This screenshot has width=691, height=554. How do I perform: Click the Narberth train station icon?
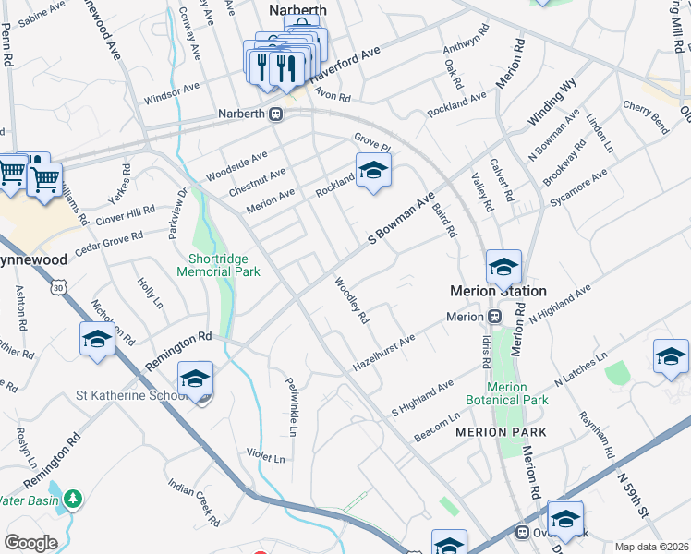coord(275,114)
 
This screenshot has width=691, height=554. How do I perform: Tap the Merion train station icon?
coord(494,317)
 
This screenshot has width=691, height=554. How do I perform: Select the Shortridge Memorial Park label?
coord(218,265)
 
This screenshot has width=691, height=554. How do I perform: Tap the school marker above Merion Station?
coord(503,267)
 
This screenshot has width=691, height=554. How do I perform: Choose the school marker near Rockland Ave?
coord(373,170)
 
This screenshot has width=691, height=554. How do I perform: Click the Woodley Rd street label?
coord(352,301)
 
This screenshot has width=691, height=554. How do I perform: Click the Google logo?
coord(31,542)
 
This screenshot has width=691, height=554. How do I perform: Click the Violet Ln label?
coord(265,456)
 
